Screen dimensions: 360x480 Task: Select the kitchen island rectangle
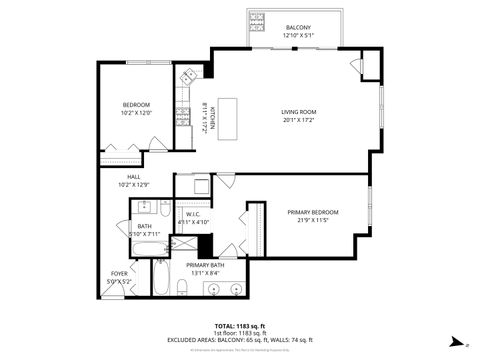pos(229,111)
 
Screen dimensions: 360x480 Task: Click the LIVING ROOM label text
pos(298,113)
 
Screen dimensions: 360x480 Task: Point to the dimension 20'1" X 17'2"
pos(298,122)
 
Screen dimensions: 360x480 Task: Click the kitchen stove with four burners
pos(183,117)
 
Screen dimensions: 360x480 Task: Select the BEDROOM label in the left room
pos(136,105)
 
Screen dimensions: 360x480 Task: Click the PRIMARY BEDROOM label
pos(312,212)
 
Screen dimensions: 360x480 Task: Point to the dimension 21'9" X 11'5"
pos(312,221)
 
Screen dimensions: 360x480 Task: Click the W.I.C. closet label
pos(195,214)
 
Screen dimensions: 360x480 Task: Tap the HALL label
pos(133,177)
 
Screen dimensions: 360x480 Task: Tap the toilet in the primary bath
pos(183,289)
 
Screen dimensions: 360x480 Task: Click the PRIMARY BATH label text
pos(204,265)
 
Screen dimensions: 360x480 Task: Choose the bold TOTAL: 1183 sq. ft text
pos(240,326)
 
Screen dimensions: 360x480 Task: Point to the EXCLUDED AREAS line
pos(240,340)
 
